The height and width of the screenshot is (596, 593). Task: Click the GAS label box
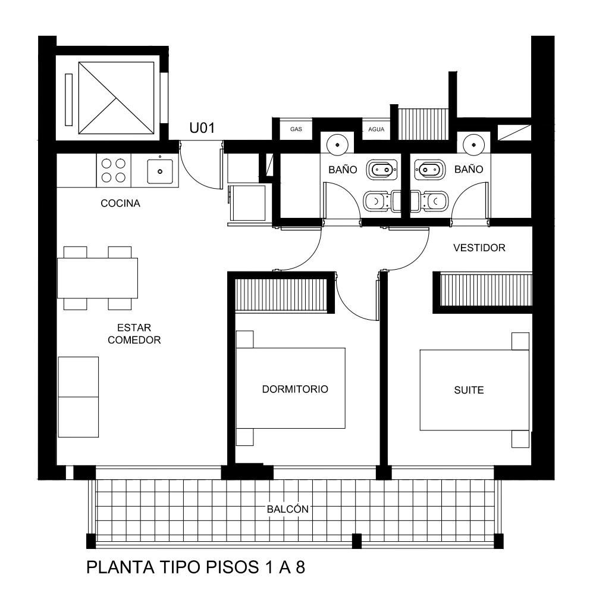click(x=296, y=129)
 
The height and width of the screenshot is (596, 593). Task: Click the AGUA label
click(x=376, y=130)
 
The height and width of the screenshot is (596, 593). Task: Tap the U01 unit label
click(x=202, y=128)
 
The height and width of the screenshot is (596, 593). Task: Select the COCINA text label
click(x=120, y=204)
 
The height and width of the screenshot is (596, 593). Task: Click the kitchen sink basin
click(x=160, y=171)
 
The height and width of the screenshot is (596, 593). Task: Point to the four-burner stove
click(x=114, y=170)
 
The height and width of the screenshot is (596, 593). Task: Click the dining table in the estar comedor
click(x=98, y=278)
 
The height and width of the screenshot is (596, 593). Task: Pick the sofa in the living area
click(x=78, y=397)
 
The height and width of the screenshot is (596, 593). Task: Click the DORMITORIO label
click(x=295, y=389)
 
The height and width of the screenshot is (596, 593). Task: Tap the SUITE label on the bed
click(x=469, y=390)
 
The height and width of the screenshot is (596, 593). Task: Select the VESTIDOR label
click(x=479, y=248)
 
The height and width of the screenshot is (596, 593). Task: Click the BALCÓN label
click(x=288, y=509)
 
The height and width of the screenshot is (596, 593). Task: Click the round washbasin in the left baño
click(x=337, y=145)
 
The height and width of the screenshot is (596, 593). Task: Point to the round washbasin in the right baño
click(x=473, y=145)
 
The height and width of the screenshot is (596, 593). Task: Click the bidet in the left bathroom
click(x=382, y=170)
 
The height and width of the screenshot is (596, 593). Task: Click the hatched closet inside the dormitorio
click(x=281, y=295)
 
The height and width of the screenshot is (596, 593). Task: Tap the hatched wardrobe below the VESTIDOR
click(x=486, y=290)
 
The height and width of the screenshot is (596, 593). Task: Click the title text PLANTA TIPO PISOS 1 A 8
click(x=196, y=567)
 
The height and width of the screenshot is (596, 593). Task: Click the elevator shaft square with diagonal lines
click(x=116, y=98)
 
